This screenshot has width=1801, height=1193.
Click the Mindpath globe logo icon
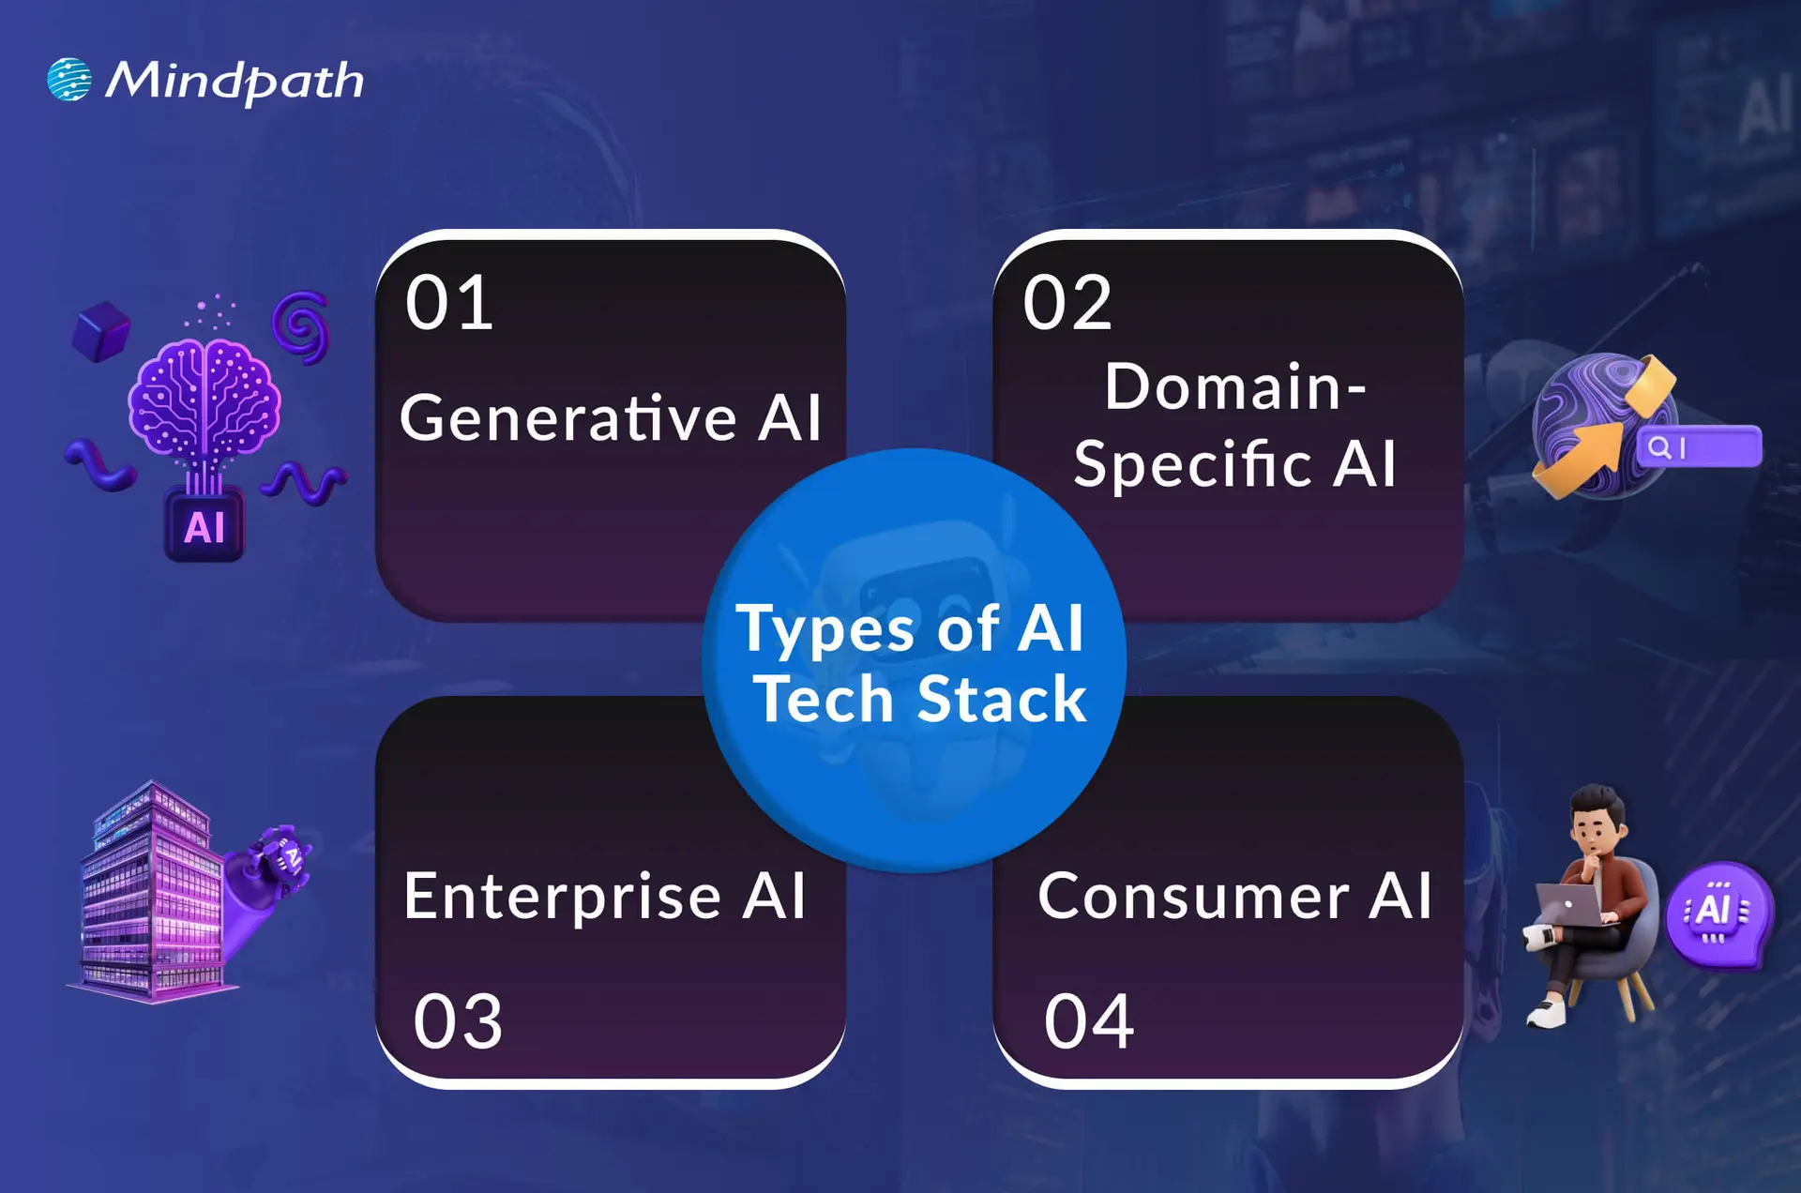coord(69,80)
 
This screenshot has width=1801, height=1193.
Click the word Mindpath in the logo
coord(234,82)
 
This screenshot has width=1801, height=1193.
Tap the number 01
coord(449,303)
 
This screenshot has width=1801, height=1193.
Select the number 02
coord(1067,303)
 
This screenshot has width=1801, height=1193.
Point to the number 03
coord(458,1020)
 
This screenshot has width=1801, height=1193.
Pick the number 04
coord(1089,1020)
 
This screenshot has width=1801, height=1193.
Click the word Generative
coord(568,417)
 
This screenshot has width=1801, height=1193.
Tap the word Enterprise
coord(562,897)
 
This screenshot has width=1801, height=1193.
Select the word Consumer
coord(1194,897)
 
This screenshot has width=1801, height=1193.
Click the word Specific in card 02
coord(1192,464)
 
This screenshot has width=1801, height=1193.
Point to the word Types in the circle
coord(825,628)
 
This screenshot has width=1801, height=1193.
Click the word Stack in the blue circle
coord(1001,700)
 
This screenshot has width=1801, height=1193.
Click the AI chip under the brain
coord(204,526)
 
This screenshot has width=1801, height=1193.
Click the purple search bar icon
coord(1699,446)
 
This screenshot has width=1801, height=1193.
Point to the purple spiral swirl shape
coord(301,326)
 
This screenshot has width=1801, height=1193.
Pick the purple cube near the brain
coord(101,331)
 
